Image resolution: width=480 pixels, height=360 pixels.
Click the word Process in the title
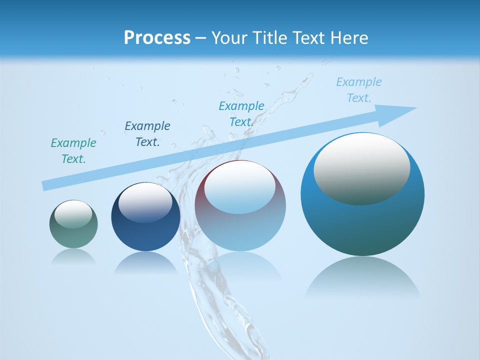point(157,37)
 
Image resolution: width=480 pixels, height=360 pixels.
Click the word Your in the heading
point(229,37)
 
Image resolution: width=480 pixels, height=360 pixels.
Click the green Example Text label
point(73,151)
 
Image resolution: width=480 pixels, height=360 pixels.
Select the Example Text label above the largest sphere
point(359,90)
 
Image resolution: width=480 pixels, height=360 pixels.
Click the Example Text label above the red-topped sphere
point(241,114)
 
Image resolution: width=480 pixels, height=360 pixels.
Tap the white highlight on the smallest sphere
point(73,214)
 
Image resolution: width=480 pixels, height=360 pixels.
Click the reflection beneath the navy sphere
point(145,262)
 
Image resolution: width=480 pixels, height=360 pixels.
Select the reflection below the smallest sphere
point(73,256)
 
